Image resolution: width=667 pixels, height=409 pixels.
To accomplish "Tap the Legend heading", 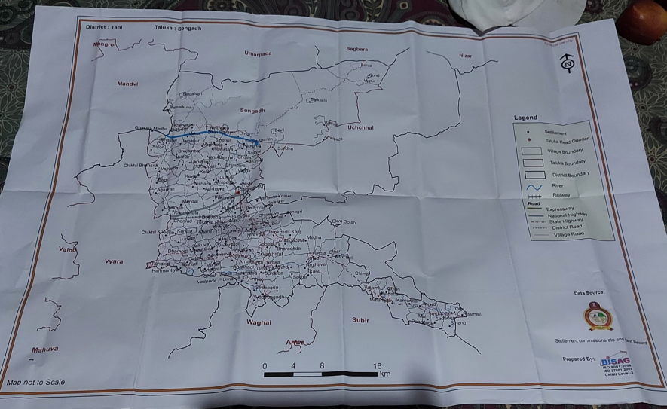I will pyautogui.click(x=525, y=118).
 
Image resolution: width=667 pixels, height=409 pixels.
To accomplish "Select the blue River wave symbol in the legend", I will pyautogui.click(x=535, y=185).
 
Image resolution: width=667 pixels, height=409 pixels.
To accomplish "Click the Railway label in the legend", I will pyautogui.click(x=562, y=194).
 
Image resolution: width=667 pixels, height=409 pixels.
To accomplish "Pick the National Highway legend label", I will pyautogui.click(x=567, y=215).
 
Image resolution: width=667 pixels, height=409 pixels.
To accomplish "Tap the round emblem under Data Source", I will pyautogui.click(x=600, y=316).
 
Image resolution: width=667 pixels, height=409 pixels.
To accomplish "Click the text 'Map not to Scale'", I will pyautogui.click(x=36, y=383).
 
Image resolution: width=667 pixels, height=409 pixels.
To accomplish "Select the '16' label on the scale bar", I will pyautogui.click(x=377, y=366).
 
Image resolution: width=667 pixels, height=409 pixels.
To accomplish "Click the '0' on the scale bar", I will pyautogui.click(x=265, y=365).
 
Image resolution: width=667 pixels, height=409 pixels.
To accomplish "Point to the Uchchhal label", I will pyautogui.click(x=360, y=128).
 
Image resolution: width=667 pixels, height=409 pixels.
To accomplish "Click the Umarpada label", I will pyautogui.click(x=258, y=53).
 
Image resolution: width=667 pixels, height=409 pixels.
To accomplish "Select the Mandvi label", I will pyautogui.click(x=127, y=84).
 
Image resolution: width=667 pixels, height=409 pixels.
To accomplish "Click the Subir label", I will pyautogui.click(x=361, y=320).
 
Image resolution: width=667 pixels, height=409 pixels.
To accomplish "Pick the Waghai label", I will pyautogui.click(x=259, y=322).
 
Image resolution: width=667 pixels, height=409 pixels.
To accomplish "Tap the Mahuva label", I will pyautogui.click(x=44, y=349).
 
